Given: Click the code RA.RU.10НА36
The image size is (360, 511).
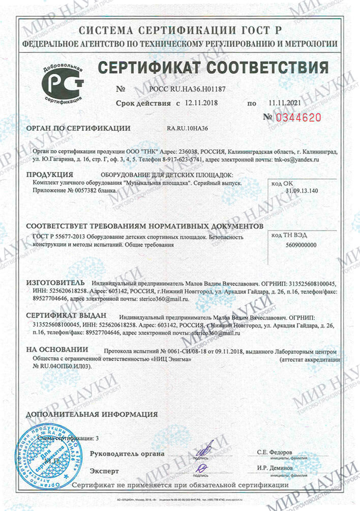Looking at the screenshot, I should tap(188, 128).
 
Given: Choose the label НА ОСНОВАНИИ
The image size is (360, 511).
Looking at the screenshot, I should tap(57, 350).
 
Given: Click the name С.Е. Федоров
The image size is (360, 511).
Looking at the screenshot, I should tap(275, 452).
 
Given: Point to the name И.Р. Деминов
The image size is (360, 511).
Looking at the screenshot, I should tap(275, 467).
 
